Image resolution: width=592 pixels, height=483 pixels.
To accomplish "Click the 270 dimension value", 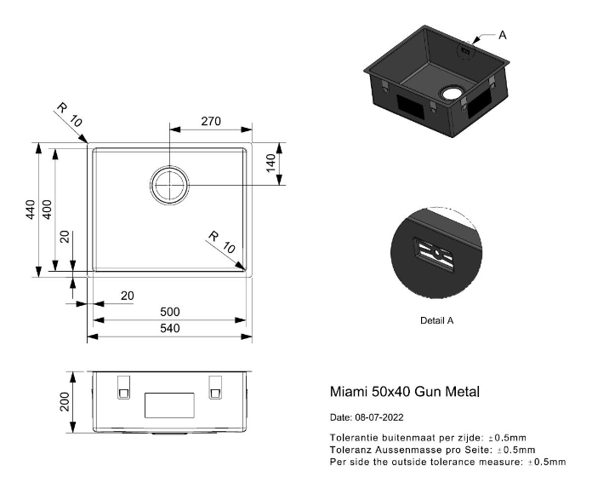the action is [x=211, y=122].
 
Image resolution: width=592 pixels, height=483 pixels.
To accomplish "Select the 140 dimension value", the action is [x=271, y=163].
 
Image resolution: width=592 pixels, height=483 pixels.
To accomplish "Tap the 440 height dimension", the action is [x=31, y=210].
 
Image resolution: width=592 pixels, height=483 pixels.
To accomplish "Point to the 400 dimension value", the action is [x=47, y=210].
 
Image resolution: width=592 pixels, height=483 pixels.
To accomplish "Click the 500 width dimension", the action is [x=170, y=312].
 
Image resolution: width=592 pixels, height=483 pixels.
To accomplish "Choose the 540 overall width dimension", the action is [x=170, y=328].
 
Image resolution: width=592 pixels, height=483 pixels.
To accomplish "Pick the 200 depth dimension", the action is [x=65, y=402].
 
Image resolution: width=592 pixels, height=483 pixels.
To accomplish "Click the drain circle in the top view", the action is [x=169, y=185].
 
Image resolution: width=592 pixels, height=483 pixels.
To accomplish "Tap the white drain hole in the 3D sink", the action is [x=452, y=93].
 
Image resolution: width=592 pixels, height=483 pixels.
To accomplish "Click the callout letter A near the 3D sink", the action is [x=502, y=35].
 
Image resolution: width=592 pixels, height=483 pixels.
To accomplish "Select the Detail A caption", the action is [x=437, y=320].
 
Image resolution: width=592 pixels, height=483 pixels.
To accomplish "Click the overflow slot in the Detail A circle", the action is [x=434, y=255].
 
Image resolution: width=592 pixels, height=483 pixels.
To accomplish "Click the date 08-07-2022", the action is [x=379, y=417].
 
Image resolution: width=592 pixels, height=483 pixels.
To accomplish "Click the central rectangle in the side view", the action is [x=169, y=405].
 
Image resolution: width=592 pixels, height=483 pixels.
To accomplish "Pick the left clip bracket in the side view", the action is [x=124, y=388].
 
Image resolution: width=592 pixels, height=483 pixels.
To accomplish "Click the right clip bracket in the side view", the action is [x=215, y=388].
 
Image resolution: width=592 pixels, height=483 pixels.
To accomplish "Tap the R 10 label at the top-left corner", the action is [x=70, y=115].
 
